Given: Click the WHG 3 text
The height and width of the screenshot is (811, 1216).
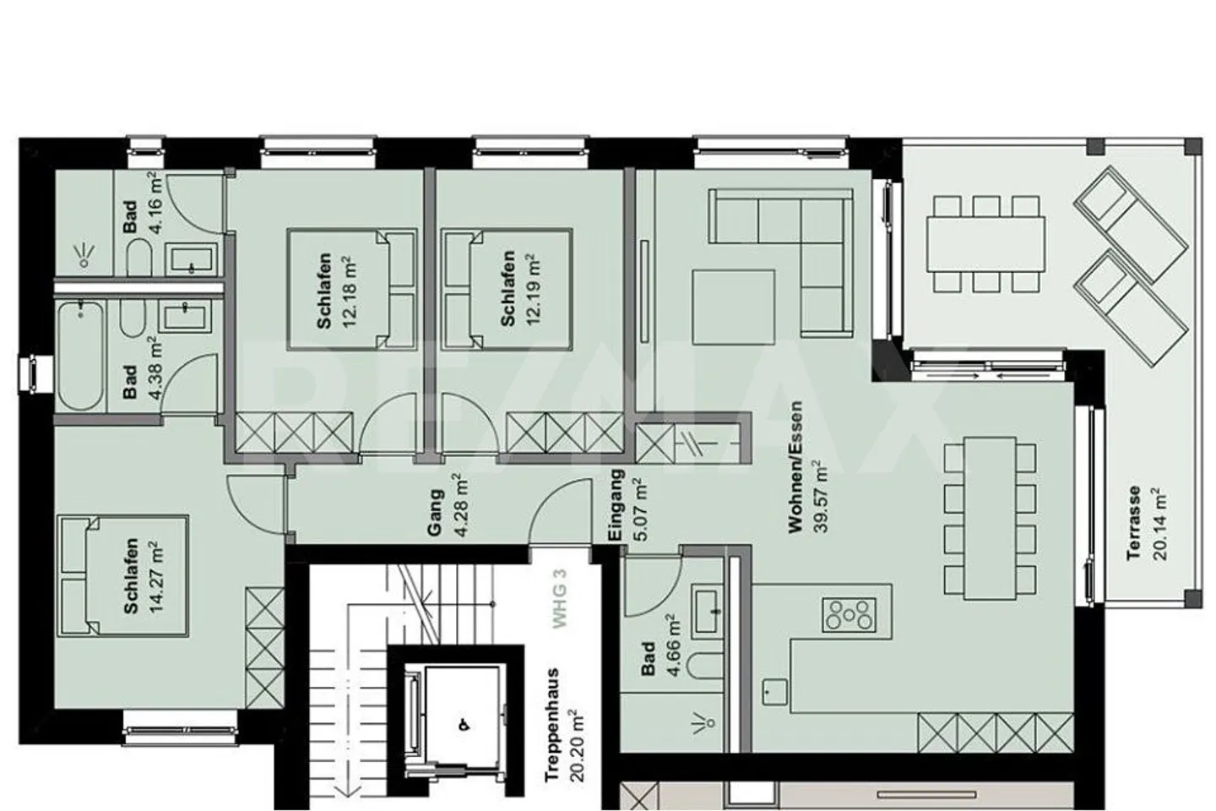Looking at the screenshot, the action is coord(560,599).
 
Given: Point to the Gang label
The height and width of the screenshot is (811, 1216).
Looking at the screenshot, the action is coord(436,513).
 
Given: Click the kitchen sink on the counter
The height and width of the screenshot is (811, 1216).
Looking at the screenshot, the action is coord(774,692).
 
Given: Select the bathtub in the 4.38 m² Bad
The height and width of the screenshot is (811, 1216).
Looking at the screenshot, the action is coord(80,357).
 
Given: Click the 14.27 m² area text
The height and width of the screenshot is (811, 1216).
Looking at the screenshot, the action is coord(157,577).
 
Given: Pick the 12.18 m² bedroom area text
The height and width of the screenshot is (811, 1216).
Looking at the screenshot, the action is coord(350,291).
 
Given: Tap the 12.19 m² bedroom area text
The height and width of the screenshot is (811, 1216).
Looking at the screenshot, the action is coord(534,290).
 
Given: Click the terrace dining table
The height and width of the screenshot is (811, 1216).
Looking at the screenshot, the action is coord(985,244).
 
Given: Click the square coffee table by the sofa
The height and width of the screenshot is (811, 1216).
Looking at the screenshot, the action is coord(733,308).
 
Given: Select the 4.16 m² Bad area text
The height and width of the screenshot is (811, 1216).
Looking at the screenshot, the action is coord(155,202).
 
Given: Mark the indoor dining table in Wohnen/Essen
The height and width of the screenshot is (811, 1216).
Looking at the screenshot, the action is coord(990,518).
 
